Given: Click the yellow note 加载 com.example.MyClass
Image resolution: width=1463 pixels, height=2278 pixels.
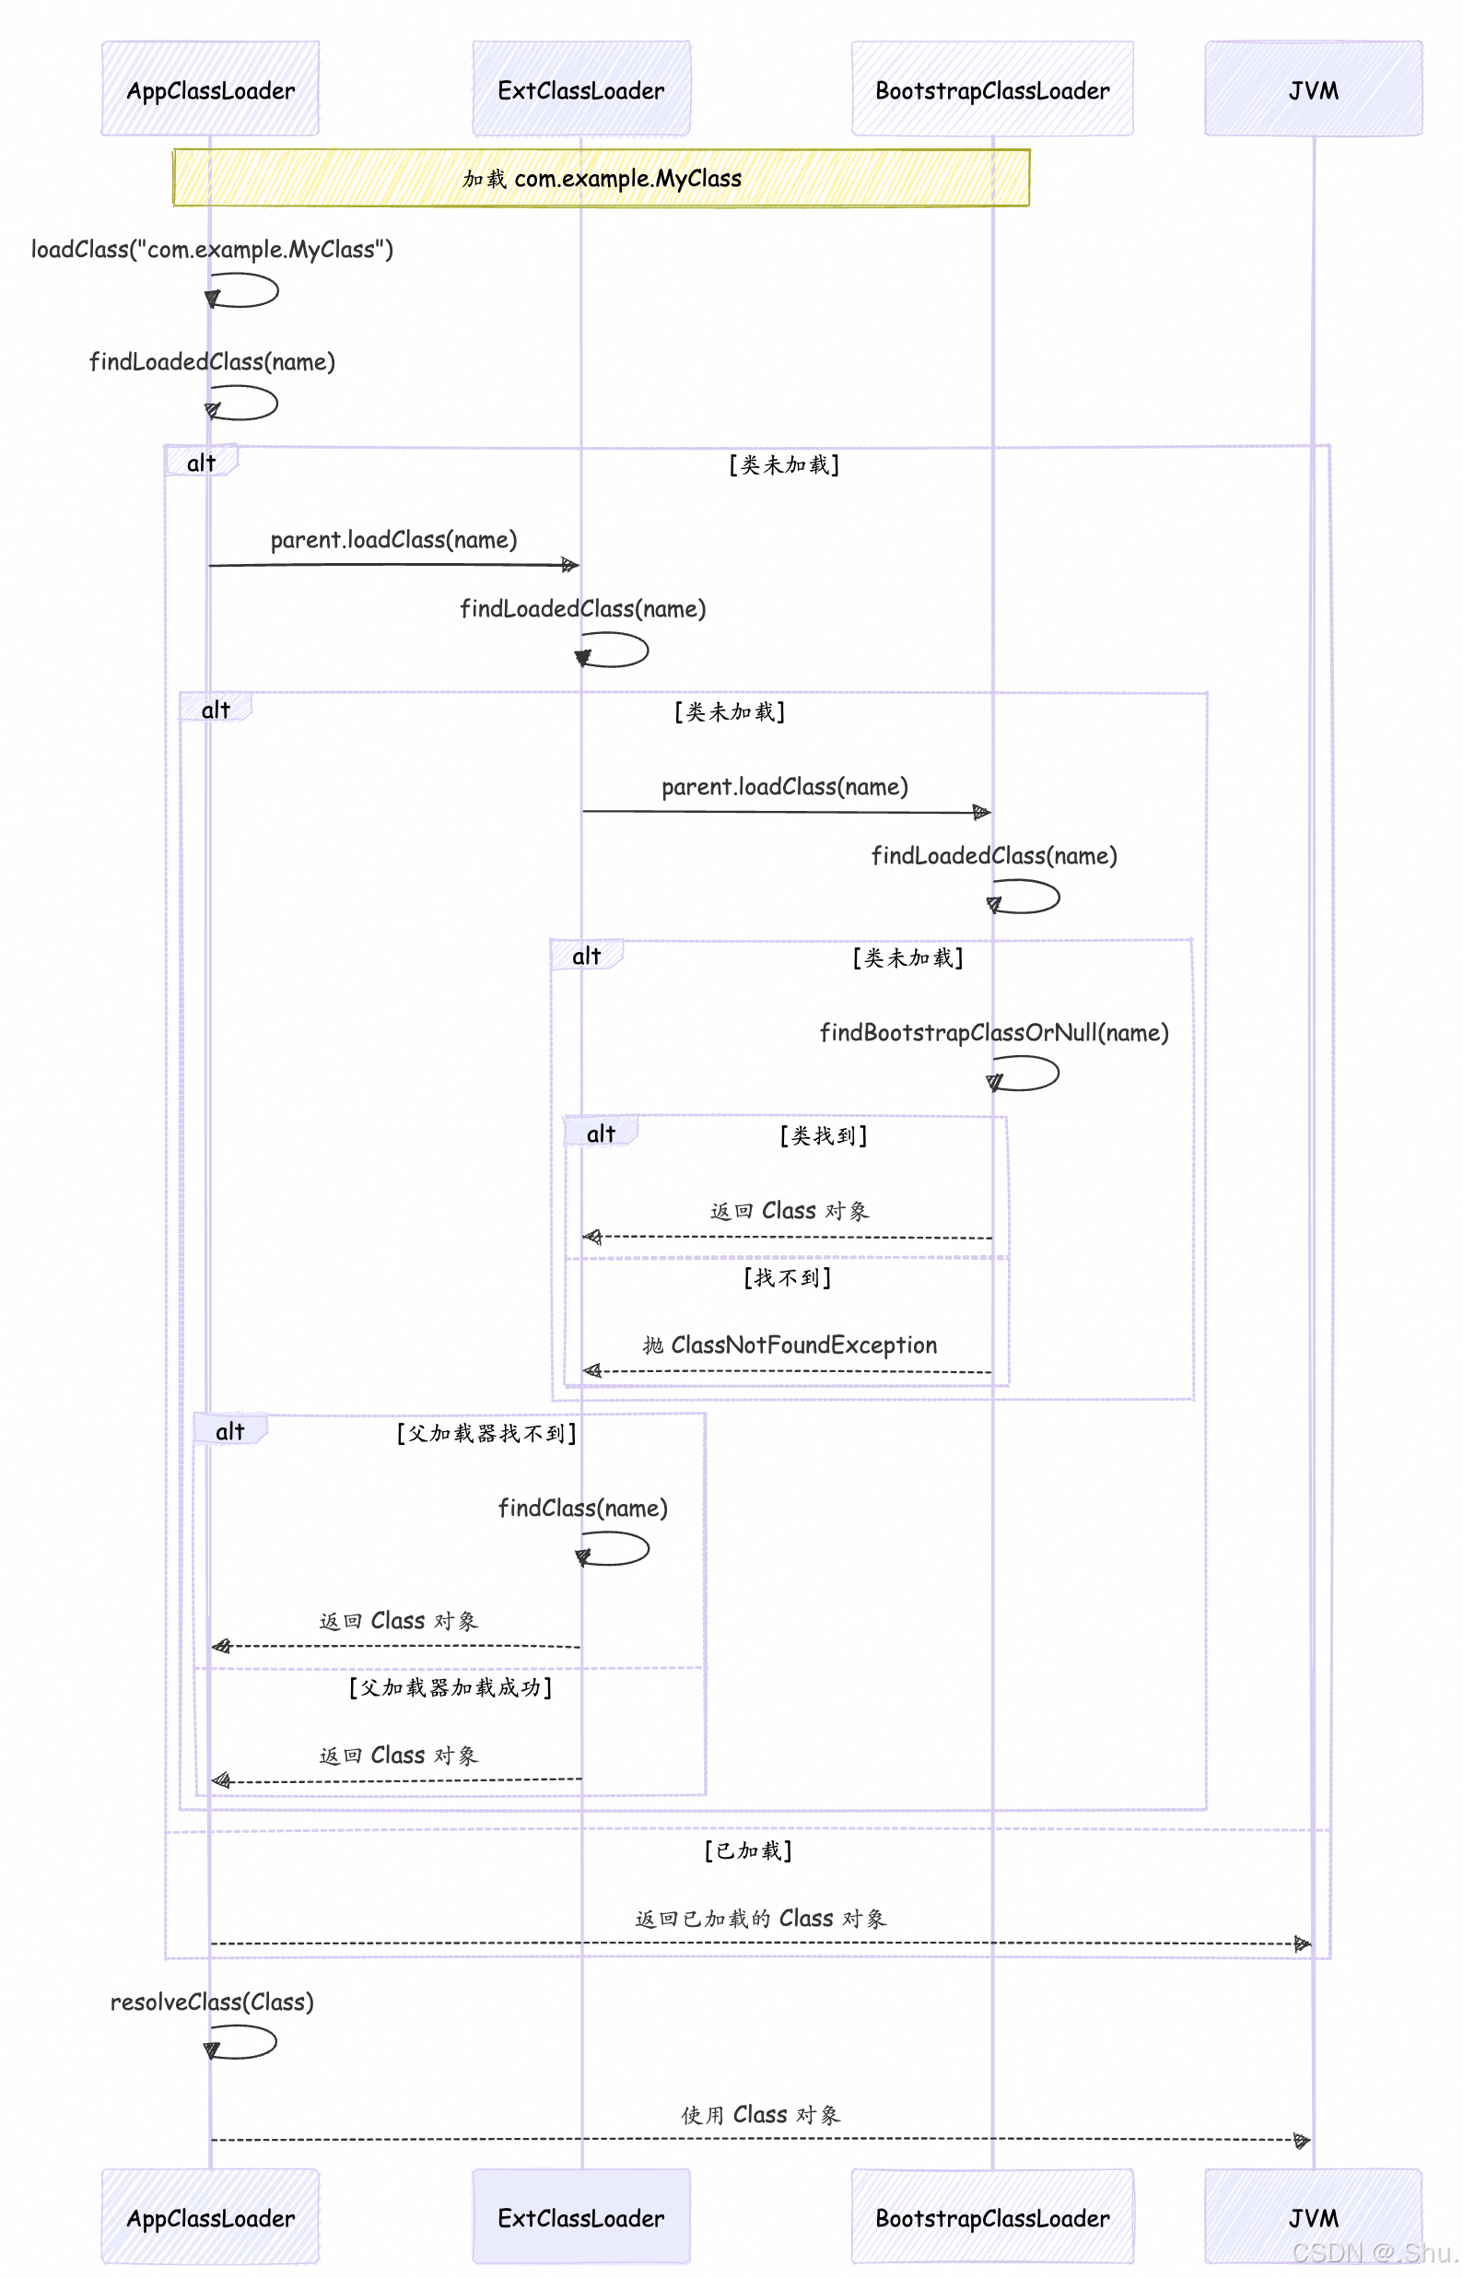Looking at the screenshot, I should [601, 178].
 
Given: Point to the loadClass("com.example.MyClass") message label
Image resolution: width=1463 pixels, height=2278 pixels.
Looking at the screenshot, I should [212, 249].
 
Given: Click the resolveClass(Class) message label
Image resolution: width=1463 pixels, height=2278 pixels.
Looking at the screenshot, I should [212, 2002].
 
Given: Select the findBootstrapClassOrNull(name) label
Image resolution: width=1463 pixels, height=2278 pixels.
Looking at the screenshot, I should [994, 1032].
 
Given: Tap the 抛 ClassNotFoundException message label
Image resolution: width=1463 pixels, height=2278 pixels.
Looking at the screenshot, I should [790, 1344].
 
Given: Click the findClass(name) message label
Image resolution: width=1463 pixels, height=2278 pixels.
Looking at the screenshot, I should [582, 1508].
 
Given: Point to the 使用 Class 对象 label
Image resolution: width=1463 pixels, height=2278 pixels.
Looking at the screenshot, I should [760, 2115].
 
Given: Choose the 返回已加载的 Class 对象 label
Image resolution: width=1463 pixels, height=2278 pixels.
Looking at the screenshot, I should [760, 1918].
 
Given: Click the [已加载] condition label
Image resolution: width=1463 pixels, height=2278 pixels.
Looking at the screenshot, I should [748, 1849].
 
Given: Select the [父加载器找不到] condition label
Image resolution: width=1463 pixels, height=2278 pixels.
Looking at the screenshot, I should [486, 1433].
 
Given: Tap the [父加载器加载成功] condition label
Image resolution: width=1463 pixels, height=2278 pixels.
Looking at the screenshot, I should [451, 1687].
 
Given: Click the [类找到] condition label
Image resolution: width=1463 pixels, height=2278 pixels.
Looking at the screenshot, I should [823, 1135].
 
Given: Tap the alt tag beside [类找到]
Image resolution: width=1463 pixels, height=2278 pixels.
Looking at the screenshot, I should [601, 1133].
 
